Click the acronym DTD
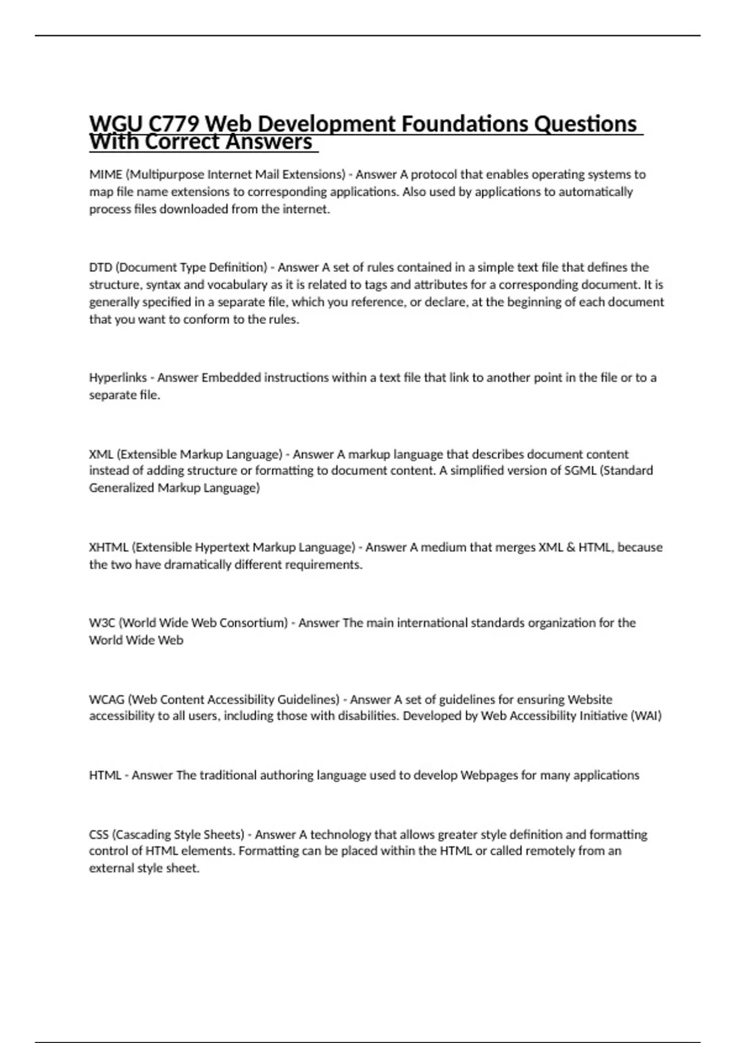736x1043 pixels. (100, 267)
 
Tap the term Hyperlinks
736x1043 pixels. (118, 378)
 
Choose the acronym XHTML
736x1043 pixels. (109, 547)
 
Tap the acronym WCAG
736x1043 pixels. (107, 699)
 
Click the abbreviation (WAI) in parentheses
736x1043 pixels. (646, 716)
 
